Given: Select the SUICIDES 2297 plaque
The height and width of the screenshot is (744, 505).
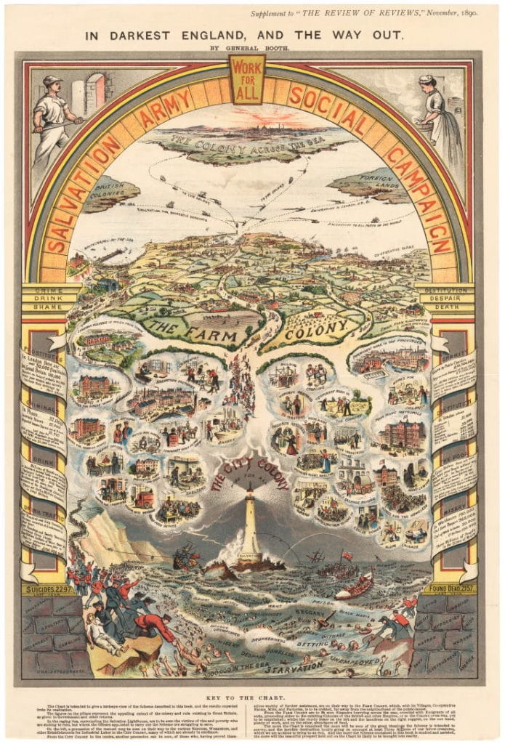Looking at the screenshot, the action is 49,589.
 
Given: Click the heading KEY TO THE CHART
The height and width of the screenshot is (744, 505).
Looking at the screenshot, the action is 252,695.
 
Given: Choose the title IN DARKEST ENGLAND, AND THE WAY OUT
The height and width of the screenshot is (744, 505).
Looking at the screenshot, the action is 252,33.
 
